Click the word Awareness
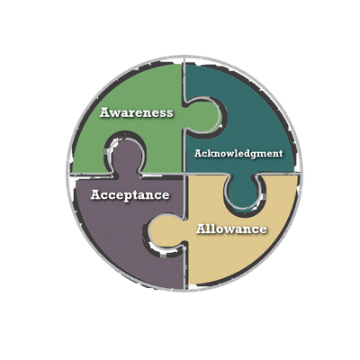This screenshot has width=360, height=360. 137,112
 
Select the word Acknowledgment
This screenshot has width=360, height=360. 238,154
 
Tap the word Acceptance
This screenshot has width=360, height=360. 130,195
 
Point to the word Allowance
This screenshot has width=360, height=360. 231,229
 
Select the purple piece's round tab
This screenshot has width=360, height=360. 125,156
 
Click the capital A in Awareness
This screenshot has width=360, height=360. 105,112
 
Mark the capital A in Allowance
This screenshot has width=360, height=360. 202,229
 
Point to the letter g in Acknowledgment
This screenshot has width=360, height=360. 253,155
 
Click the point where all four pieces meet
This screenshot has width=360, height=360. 184,174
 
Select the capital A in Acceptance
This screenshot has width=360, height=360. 96,194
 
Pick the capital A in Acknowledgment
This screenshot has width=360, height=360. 197,153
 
